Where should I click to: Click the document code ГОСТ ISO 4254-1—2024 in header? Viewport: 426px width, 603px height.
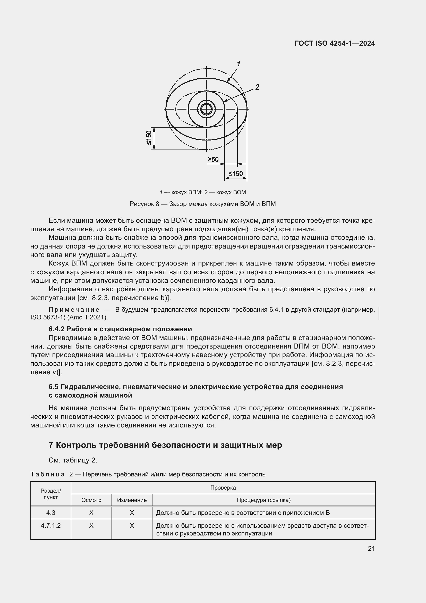click(335, 43)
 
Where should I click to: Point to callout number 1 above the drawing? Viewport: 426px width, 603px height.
click(239, 64)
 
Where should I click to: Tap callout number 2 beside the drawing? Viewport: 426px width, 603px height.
click(257, 87)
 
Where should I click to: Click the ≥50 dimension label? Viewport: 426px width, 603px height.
click(213, 159)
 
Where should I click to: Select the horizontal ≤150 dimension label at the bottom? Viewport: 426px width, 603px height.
click(236, 174)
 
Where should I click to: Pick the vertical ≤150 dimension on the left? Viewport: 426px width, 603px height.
click(149, 138)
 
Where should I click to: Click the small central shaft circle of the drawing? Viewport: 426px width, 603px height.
click(207, 109)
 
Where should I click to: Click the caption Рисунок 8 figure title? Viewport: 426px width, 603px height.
click(202, 204)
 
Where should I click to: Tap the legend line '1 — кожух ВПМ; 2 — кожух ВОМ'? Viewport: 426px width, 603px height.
click(202, 192)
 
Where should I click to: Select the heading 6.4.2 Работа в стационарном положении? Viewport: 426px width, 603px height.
click(120, 329)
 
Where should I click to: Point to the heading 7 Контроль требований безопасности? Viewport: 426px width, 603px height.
click(165, 445)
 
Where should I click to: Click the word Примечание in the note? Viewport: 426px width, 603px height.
click(74, 310)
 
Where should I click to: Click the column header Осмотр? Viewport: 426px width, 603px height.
click(91, 500)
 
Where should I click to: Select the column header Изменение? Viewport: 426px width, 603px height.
click(132, 500)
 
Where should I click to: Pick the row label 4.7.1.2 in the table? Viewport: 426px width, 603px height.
click(51, 525)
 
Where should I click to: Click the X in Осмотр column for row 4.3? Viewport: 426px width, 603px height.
click(91, 513)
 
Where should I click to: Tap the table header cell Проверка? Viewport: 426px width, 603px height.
click(223, 488)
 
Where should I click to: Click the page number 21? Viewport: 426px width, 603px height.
click(371, 548)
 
